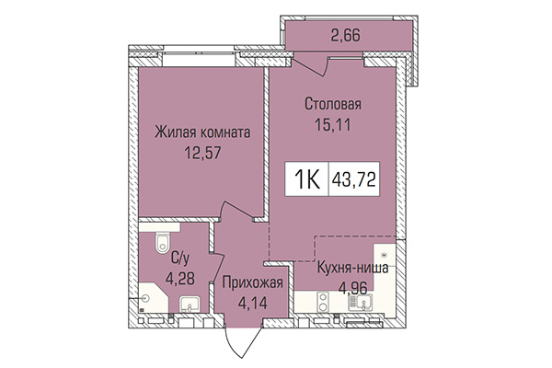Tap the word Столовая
(333, 103)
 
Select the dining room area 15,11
(333, 121)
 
